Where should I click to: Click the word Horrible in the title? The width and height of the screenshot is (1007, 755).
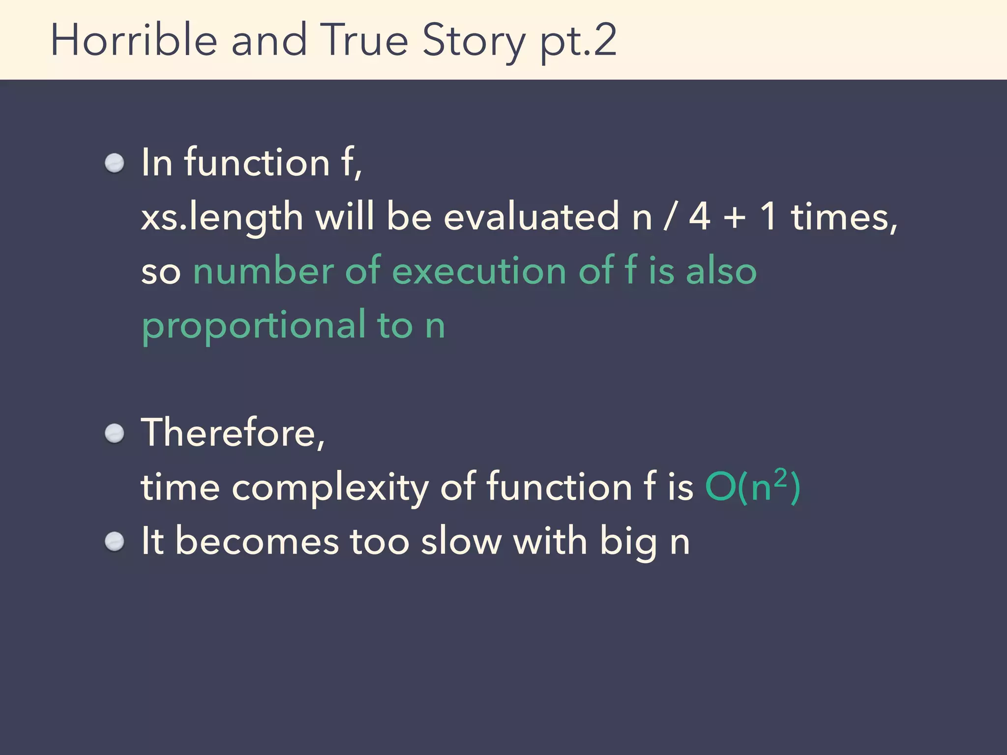(134, 40)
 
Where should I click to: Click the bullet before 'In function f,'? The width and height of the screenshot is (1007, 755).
(115, 163)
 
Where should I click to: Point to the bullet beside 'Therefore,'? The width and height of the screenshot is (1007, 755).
(115, 434)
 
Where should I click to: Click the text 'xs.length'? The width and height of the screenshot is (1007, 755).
(222, 217)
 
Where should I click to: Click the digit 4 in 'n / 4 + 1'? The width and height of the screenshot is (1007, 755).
(699, 217)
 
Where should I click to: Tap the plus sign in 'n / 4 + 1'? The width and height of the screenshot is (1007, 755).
(735, 217)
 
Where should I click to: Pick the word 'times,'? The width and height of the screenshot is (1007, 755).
(844, 217)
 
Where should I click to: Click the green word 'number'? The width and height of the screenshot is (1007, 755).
(263, 271)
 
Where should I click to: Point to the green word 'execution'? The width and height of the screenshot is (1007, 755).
(479, 271)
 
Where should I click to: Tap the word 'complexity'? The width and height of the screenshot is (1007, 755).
(330, 488)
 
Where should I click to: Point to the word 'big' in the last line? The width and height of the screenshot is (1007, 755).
(628, 543)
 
